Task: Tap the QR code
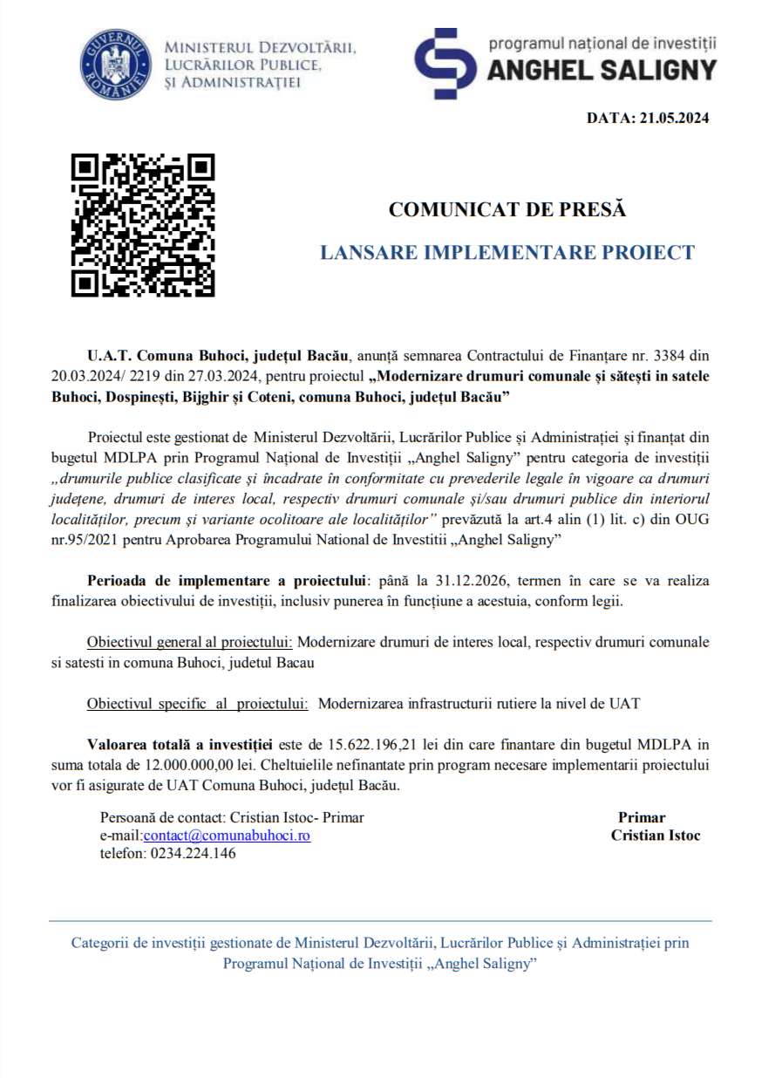pos(143,225)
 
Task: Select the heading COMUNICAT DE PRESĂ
pos(507,209)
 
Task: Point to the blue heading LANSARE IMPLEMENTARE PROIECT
pos(507,253)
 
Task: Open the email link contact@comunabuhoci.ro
pos(227,836)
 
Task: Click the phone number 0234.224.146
pos(191,854)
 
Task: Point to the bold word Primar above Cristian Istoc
pos(642,817)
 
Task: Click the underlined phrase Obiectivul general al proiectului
pos(189,642)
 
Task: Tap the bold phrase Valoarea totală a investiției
pos(180,745)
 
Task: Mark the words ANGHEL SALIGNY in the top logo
pos(602,70)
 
